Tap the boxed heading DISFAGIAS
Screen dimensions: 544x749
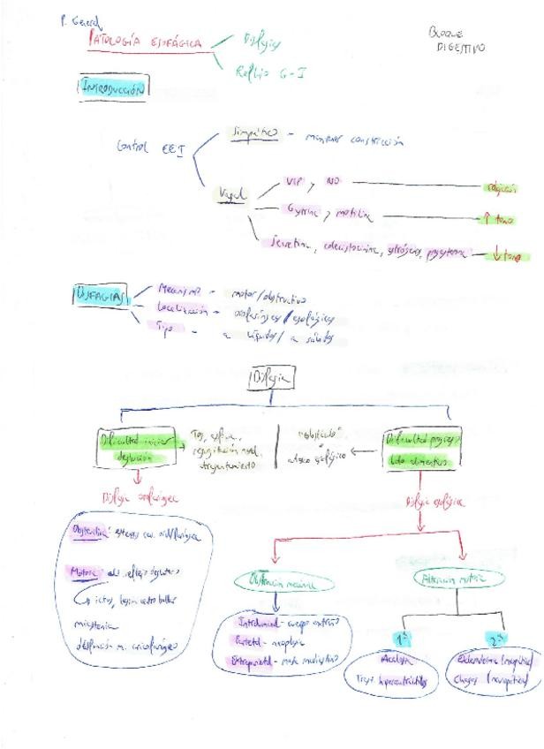[x=101, y=294]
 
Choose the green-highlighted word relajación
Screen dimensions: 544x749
[x=501, y=187]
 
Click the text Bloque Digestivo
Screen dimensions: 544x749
[x=456, y=39]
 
